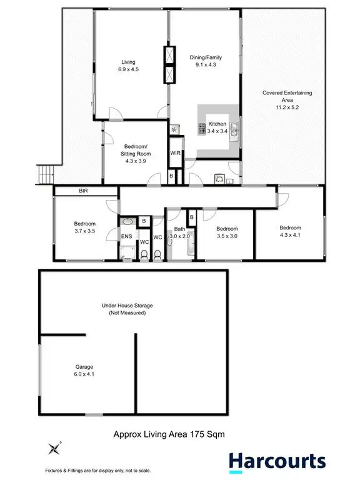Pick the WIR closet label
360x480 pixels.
[x=175, y=152]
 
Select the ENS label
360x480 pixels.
[x=126, y=237]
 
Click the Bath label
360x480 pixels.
[x=180, y=229]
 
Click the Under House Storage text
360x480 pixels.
[x=127, y=306]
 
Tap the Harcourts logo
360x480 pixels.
[x=276, y=461]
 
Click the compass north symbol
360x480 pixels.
[x=52, y=447]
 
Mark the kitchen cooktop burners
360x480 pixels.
[x=202, y=129]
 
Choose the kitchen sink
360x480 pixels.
[x=233, y=129]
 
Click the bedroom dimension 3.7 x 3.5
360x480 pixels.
[x=85, y=231]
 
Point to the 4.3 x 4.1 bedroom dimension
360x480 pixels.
[x=290, y=235]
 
